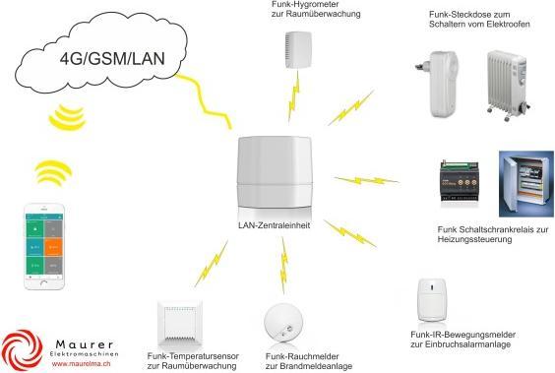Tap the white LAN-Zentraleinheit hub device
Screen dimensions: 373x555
(x=277, y=173)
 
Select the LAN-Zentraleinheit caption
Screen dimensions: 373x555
(x=277, y=224)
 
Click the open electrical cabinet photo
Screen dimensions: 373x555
(x=525, y=187)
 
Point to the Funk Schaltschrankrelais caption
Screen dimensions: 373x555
(x=491, y=234)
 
